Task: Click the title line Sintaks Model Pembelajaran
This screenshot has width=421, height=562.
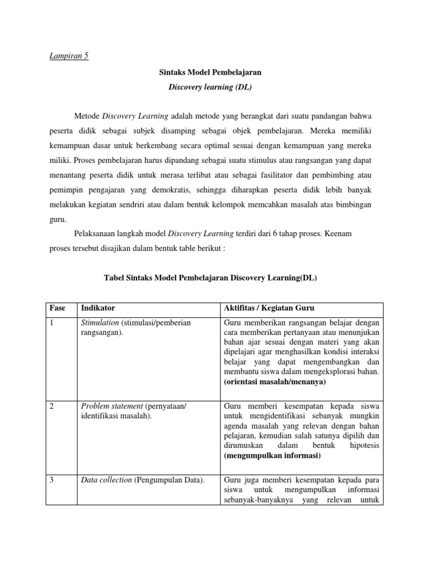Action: (x=210, y=72)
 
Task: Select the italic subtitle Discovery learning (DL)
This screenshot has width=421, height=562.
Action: (x=210, y=88)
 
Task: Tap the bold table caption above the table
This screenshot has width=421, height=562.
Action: (x=210, y=278)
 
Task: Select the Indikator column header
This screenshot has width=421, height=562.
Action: (x=98, y=308)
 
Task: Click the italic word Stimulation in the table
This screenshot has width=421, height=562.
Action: (x=100, y=323)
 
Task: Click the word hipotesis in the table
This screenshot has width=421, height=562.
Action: (x=362, y=446)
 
